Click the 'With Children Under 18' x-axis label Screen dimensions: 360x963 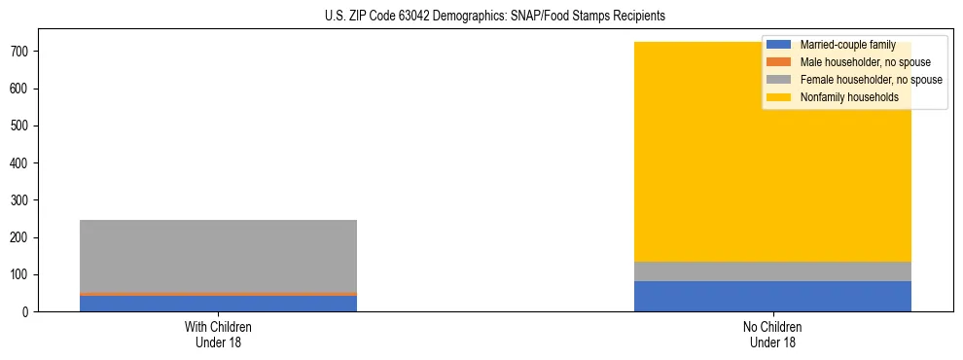[x=218, y=334]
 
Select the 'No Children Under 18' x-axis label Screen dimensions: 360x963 [x=772, y=334]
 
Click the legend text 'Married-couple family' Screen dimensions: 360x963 [x=847, y=45]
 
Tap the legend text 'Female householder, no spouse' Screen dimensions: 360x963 [x=871, y=80]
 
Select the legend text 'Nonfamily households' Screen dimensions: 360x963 [x=849, y=97]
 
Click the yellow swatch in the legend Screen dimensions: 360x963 [x=779, y=97]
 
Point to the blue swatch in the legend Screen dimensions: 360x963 [x=779, y=45]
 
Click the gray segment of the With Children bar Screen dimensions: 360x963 [x=218, y=255]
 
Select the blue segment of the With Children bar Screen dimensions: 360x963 [x=218, y=303]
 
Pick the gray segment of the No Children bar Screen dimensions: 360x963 [x=772, y=271]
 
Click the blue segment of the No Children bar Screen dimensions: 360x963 [x=772, y=296]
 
